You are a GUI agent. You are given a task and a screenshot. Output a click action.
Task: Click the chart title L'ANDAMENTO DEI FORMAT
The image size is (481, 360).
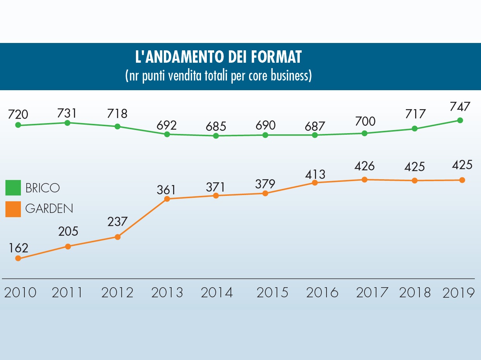click(x=218, y=57)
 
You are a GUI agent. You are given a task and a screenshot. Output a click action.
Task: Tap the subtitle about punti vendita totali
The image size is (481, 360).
click(x=218, y=75)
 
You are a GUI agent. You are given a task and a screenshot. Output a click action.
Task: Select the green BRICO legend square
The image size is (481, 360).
click(x=13, y=188)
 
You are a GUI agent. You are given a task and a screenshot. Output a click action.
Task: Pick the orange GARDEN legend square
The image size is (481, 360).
click(x=13, y=209)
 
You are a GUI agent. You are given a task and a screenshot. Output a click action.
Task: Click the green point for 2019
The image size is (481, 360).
click(x=460, y=120)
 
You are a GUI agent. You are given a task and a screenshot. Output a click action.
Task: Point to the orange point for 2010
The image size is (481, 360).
click(x=18, y=258)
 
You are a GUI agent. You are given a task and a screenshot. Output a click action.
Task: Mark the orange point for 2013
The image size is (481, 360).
click(x=167, y=199)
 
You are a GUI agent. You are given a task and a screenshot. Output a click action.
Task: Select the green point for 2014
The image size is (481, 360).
click(x=216, y=136)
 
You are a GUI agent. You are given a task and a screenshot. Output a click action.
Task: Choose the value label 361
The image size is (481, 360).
click(x=166, y=190)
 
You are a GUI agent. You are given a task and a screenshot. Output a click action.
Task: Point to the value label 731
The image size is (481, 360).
click(x=67, y=113)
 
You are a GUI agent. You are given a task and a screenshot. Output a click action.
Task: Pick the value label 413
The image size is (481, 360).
click(x=314, y=173)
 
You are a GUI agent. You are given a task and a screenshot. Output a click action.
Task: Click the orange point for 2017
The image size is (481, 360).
click(x=364, y=180)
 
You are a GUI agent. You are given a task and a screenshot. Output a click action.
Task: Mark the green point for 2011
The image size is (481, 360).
click(x=67, y=123)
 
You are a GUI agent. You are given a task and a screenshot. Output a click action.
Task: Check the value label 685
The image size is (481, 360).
click(x=216, y=126)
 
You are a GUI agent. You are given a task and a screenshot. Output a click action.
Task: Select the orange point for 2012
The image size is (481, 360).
click(x=118, y=237)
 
